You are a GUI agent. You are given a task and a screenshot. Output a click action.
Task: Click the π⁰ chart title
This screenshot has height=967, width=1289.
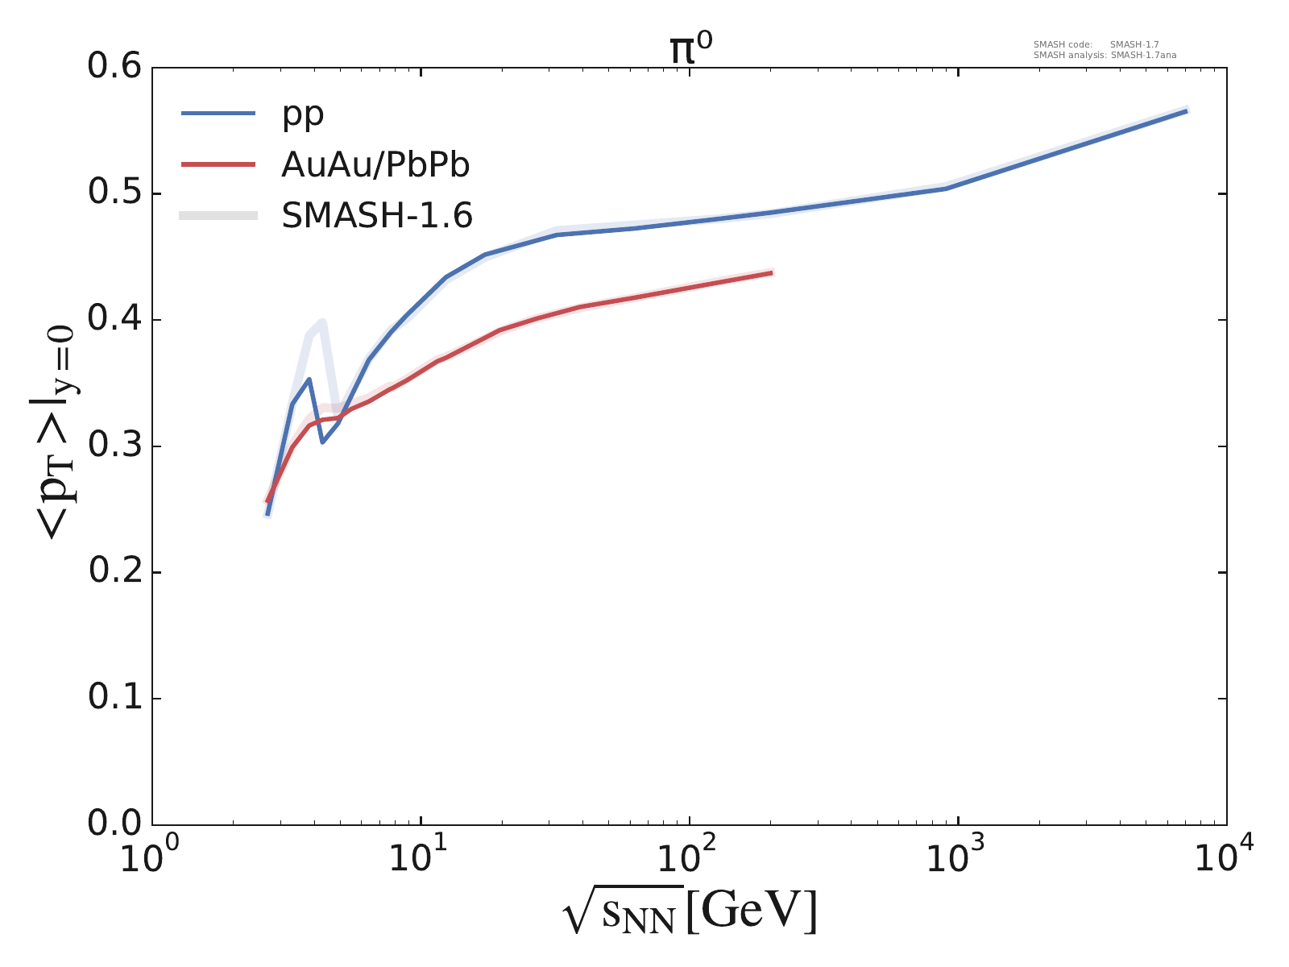(690, 50)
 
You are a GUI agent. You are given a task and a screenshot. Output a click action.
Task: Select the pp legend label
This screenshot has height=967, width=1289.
(302, 114)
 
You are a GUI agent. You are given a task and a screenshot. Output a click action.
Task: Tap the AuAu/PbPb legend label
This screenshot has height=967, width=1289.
(375, 165)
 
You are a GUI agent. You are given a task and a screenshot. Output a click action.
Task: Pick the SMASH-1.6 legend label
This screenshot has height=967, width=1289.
(377, 216)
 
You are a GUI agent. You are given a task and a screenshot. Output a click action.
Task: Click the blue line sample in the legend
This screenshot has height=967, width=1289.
(218, 114)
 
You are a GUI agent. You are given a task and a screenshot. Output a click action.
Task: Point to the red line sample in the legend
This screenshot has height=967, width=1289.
(218, 164)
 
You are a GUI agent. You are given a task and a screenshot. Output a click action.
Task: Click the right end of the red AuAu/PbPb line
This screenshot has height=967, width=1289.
(772, 272)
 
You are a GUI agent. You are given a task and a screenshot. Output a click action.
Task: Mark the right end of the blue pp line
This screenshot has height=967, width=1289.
(1187, 110)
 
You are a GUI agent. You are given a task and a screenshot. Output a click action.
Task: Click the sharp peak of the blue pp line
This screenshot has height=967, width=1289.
(309, 379)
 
